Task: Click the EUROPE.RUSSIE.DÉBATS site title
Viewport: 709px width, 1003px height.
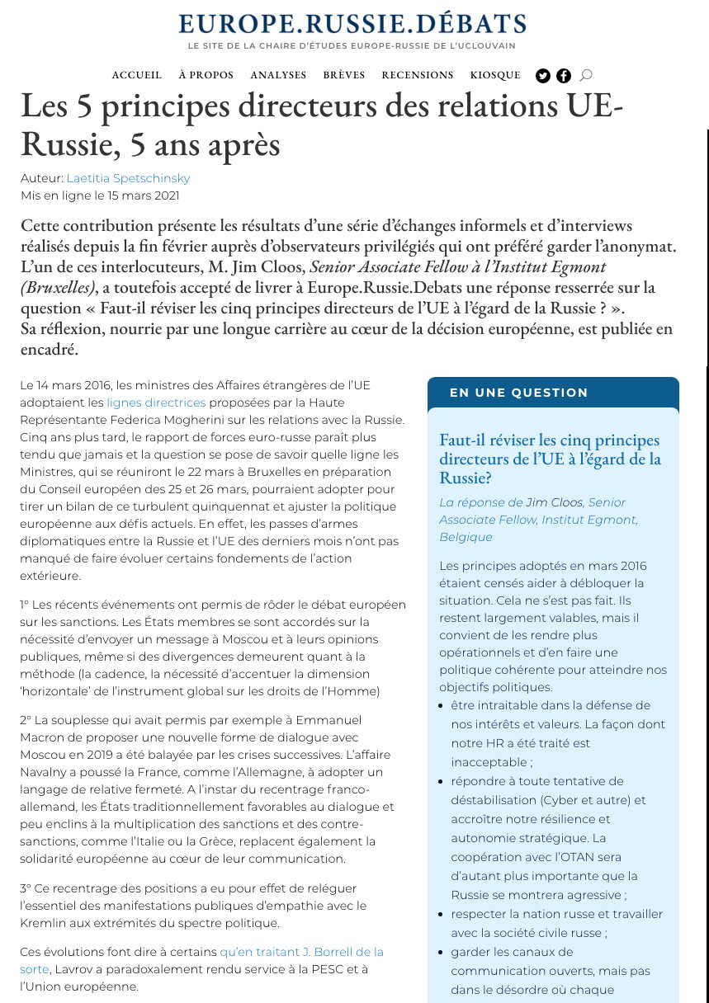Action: click(352, 23)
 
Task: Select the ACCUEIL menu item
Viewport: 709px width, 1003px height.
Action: click(137, 75)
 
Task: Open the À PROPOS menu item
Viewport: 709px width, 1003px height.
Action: click(206, 75)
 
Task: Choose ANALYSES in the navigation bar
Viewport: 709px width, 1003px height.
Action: click(278, 75)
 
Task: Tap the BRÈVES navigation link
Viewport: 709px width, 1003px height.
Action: click(344, 75)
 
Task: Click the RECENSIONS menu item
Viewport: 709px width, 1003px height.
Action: click(418, 75)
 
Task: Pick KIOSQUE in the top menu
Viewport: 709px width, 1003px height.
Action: click(495, 75)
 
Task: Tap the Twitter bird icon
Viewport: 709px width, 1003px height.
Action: click(543, 76)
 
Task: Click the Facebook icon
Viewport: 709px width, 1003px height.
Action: click(564, 76)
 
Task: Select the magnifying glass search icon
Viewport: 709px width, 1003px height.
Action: click(586, 75)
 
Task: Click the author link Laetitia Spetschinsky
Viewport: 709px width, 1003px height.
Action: click(128, 178)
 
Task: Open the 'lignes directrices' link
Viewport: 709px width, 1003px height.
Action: click(156, 403)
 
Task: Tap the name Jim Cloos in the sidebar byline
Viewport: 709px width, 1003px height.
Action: click(555, 502)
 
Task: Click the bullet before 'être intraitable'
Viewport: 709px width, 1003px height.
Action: click(443, 706)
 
